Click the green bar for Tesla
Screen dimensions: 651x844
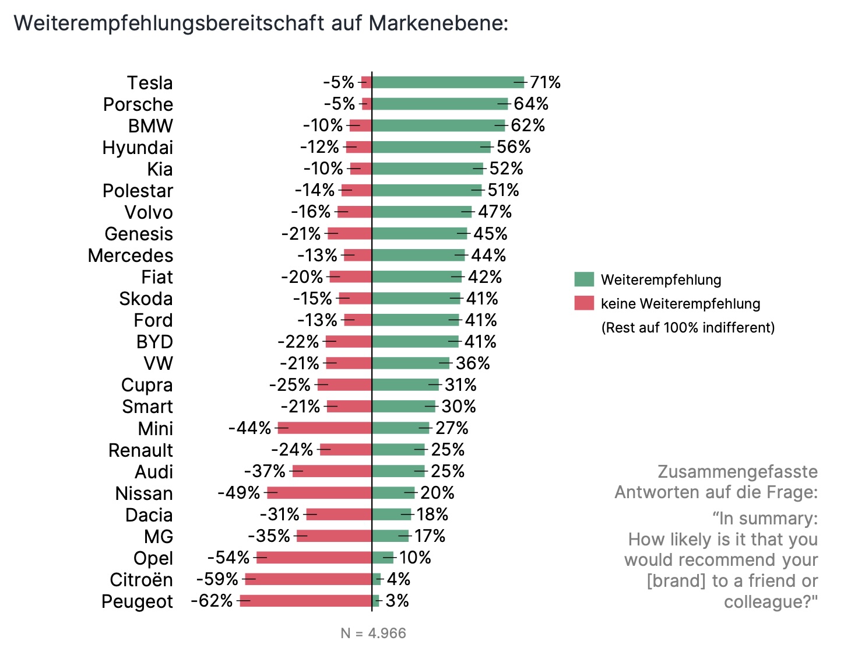(x=448, y=82)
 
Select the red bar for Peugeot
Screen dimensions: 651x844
(x=306, y=601)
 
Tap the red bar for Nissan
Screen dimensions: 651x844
(x=319, y=493)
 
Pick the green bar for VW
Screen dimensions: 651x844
(x=411, y=363)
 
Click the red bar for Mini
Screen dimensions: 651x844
(x=325, y=428)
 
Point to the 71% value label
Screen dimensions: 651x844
(x=545, y=82)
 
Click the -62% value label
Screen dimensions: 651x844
(x=212, y=601)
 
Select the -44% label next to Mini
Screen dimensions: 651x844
(x=250, y=428)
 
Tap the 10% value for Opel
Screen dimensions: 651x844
(x=415, y=558)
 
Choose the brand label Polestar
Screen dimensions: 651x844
(x=138, y=191)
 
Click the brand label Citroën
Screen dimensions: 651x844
(x=141, y=580)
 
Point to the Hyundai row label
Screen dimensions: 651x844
(x=138, y=148)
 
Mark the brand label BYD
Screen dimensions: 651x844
(x=154, y=342)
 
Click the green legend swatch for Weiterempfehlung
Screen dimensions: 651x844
(x=584, y=279)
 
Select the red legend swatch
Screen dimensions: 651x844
(x=584, y=303)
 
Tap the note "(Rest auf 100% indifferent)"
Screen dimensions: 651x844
(x=688, y=328)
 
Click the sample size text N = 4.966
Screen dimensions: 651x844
(x=373, y=633)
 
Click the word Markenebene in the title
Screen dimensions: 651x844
(x=438, y=23)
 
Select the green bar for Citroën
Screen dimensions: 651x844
(x=377, y=579)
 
